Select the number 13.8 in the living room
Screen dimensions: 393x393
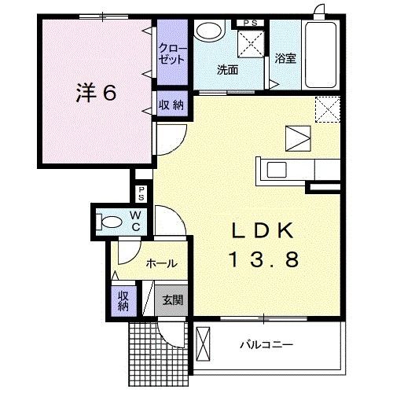pyautogui.click(x=264, y=259)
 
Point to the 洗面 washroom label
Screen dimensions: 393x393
pyautogui.click(x=227, y=70)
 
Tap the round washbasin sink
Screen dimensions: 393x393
pyautogui.click(x=208, y=32)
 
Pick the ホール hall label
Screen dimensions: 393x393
pyautogui.click(x=160, y=264)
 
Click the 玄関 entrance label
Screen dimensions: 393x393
pyautogui.click(x=173, y=299)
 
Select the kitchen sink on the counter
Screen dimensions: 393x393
pyautogui.click(x=277, y=169)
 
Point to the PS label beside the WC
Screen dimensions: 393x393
pyautogui.click(x=141, y=193)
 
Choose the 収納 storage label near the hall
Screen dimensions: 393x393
pyautogui.click(x=123, y=300)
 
